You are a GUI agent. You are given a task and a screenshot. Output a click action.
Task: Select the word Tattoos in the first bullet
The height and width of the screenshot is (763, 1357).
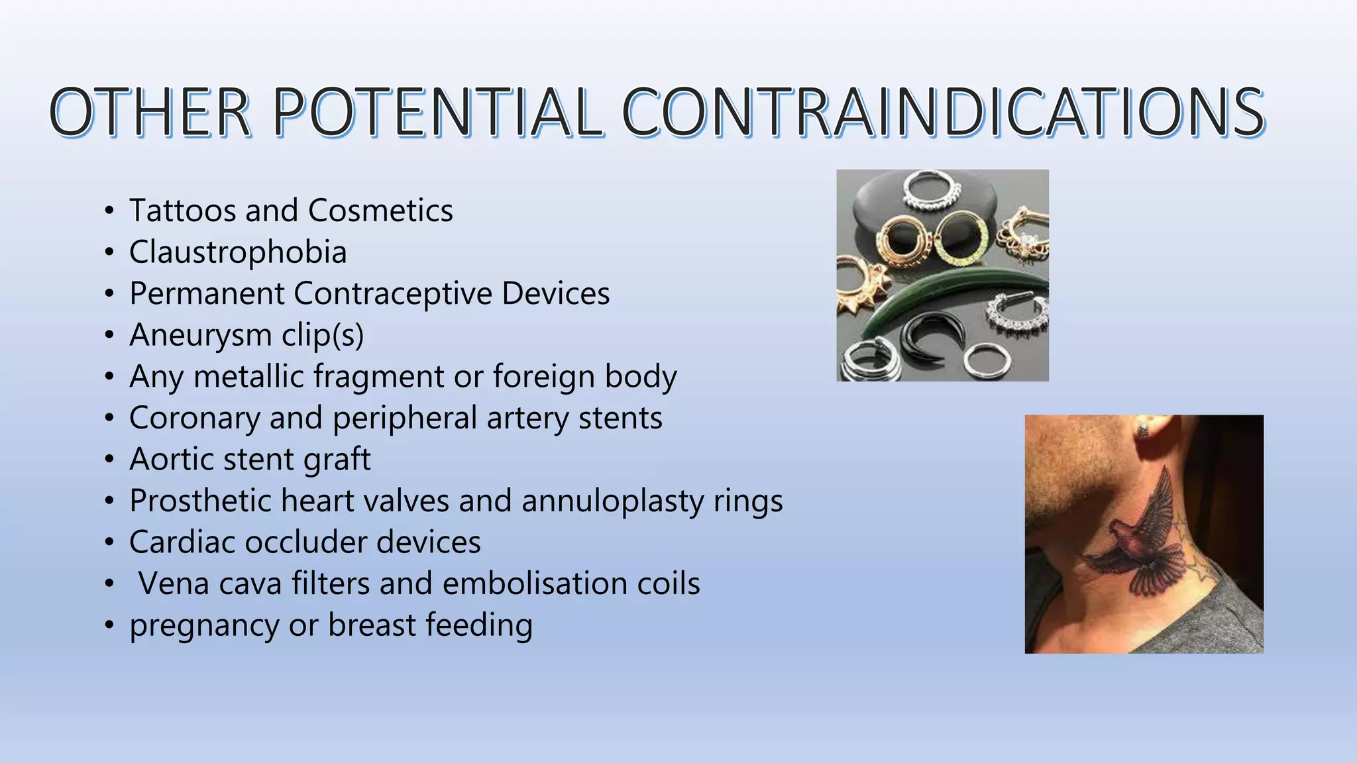pos(182,211)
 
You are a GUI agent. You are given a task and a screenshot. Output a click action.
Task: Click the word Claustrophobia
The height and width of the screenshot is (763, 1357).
pos(238,252)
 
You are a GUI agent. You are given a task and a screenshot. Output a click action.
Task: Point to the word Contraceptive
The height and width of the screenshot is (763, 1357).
pos(392,293)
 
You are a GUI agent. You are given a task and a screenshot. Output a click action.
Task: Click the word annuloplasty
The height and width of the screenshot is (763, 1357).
pos(612,501)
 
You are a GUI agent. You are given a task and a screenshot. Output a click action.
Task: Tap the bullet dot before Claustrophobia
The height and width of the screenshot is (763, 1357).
pos(109,253)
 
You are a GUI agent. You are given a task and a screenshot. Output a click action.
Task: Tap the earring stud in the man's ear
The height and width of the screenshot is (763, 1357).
pos(1142,429)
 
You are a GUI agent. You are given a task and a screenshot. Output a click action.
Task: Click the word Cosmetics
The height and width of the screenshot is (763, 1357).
pos(380,211)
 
